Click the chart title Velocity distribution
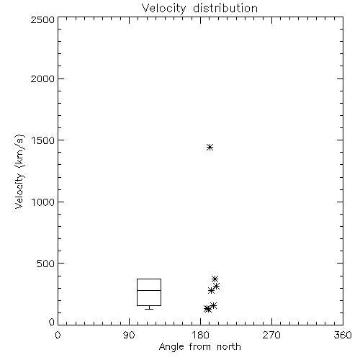pos(199,8)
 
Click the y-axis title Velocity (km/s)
pos(19,171)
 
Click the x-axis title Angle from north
pos(199,347)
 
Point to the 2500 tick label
pos(42,19)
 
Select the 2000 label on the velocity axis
pos(42,78)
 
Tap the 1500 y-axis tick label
pos(43,140)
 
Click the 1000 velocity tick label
pos(43,202)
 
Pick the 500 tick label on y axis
pos(46,264)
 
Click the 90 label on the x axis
pos(129,336)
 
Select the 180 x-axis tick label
pos(200,336)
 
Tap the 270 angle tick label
pos(271,336)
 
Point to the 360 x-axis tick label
pos(343,336)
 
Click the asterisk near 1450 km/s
pos(210,147)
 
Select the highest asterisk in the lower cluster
pos(215,279)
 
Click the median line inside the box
pos(149,290)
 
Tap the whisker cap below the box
pos(149,309)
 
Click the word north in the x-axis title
pos(229,347)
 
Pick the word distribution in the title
pos(225,8)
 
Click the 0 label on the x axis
pos(58,336)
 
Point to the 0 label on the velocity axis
pos(52,322)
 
